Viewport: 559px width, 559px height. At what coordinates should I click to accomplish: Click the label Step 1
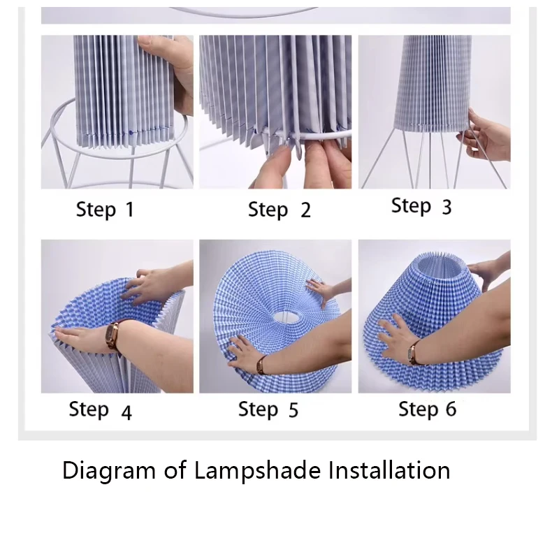click(x=105, y=209)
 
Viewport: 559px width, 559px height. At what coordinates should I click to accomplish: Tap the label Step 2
click(x=279, y=210)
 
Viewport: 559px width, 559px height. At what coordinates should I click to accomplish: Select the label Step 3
click(x=421, y=206)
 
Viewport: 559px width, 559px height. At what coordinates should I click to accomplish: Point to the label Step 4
click(x=100, y=410)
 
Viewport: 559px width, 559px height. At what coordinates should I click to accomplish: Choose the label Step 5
click(x=268, y=409)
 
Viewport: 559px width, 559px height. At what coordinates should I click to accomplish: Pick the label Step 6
click(x=428, y=409)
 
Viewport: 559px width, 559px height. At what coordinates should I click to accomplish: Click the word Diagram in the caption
click(x=109, y=471)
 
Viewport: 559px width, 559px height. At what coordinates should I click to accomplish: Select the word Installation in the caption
click(x=389, y=470)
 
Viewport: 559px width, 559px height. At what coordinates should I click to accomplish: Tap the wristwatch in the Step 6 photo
click(x=414, y=353)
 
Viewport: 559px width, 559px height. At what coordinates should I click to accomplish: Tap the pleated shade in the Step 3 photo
click(x=432, y=85)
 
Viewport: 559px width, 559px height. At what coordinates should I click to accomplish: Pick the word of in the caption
click(x=175, y=470)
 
